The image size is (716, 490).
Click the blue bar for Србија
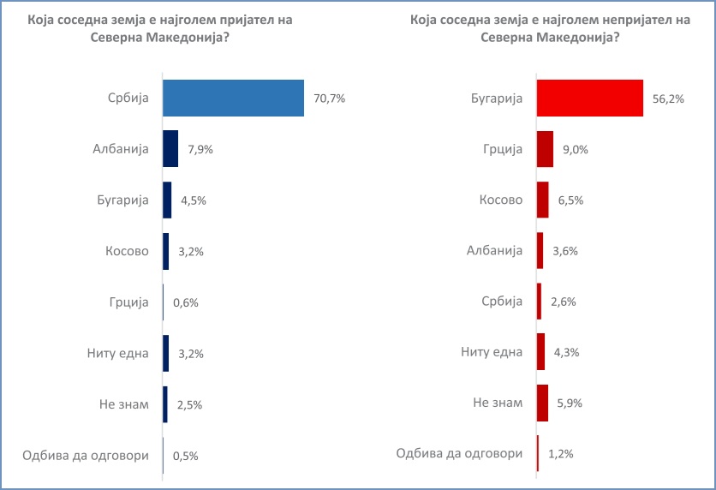pyautogui.click(x=233, y=98)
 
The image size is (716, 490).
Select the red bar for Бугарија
pyautogui.click(x=589, y=98)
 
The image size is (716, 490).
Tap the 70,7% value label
pyautogui.click(x=329, y=99)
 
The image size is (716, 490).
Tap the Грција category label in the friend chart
pyautogui.click(x=128, y=302)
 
